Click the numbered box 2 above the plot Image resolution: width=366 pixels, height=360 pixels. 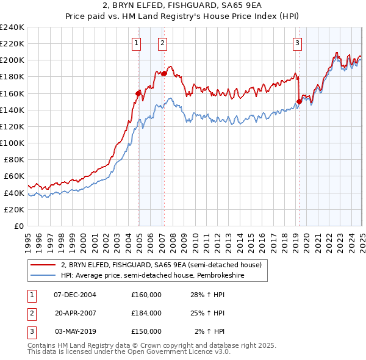(163, 43)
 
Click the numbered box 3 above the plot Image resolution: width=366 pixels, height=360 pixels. (297, 43)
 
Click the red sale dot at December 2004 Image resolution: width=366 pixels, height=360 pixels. (138, 93)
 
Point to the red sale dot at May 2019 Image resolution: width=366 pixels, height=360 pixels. (299, 101)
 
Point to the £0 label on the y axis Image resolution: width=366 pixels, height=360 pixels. (18, 226)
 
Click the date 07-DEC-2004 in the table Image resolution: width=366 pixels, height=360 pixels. (75, 294)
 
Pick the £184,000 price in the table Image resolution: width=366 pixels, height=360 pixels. (146, 313)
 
